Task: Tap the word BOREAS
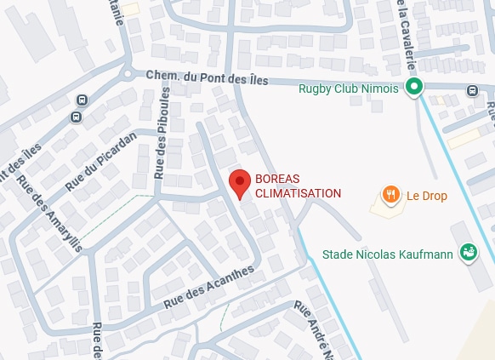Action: pos(276,179)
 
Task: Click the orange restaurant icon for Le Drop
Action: pos(391,195)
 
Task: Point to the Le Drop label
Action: pos(426,196)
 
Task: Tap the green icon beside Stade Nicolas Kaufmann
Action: pos(467,252)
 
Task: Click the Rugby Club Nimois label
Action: pos(349,89)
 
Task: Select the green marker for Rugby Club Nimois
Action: pos(414,87)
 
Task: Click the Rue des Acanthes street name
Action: pos(209,286)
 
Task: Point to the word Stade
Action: pos(339,254)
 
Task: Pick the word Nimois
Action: pos(379,89)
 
